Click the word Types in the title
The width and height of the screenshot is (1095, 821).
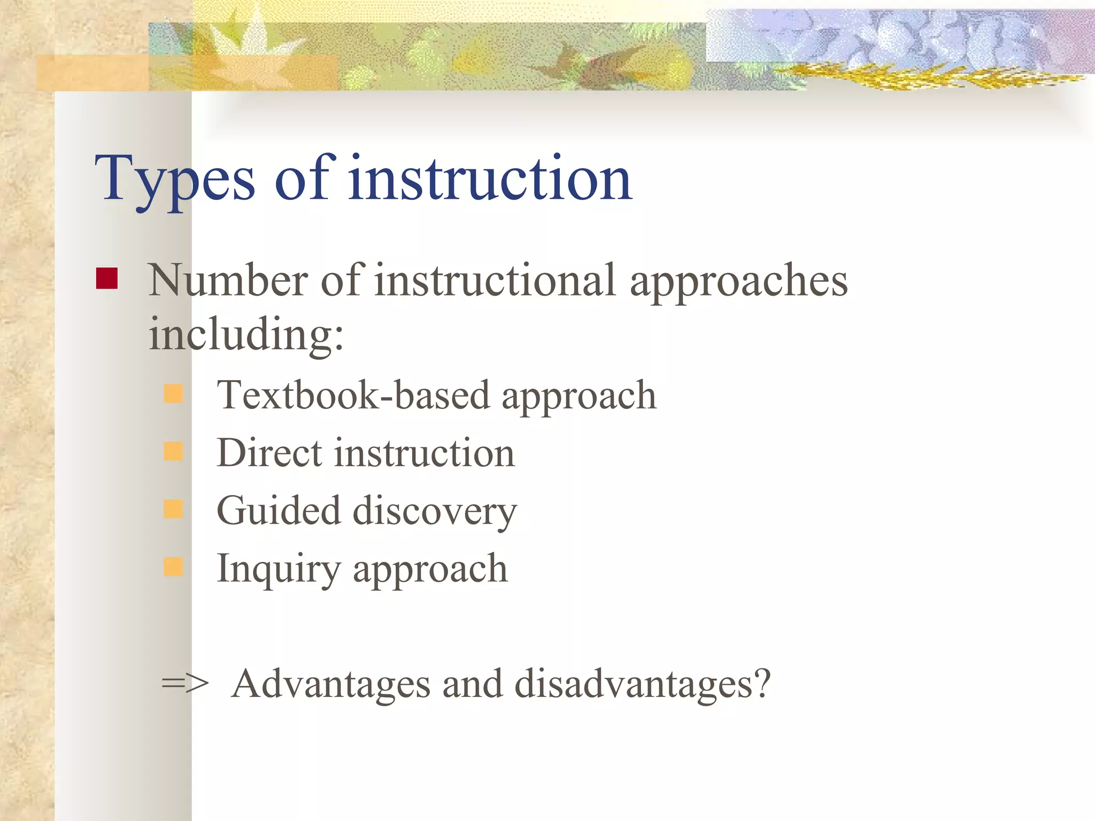174,179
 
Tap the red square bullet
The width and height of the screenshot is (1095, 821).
106,278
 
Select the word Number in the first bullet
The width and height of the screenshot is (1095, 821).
228,281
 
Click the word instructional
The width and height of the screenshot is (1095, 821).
495,281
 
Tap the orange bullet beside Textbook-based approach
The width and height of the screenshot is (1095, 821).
173,394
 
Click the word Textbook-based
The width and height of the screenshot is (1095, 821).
353,396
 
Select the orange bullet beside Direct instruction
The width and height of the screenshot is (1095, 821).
173,452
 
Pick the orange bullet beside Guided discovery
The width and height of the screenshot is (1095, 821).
173,509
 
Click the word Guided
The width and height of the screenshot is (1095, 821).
278,510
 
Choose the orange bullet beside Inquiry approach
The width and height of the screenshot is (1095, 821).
173,567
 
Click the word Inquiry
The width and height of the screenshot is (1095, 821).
278,570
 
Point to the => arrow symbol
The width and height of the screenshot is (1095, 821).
185,684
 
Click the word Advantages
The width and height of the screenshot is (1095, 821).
331,684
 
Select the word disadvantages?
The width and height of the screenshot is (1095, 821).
642,684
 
